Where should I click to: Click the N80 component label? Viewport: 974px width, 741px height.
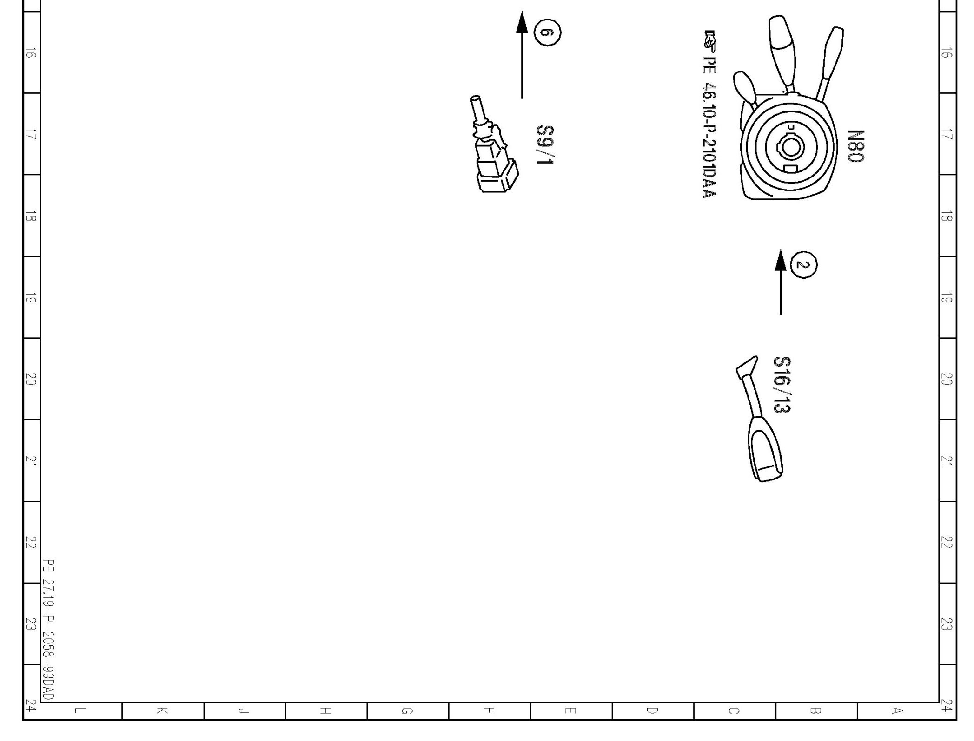tap(856, 146)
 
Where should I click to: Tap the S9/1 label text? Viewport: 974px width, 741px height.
tap(545, 145)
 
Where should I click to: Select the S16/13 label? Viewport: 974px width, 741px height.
tap(782, 385)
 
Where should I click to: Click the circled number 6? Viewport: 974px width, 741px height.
tap(548, 33)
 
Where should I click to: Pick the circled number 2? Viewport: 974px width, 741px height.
tap(804, 265)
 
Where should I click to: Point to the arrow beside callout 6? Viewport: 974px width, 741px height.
tap(522, 55)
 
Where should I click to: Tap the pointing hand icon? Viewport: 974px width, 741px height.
tap(710, 41)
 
